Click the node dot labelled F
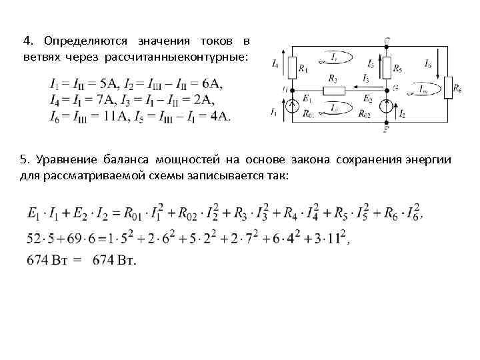coord(387,122)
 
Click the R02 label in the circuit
coord(365,114)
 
